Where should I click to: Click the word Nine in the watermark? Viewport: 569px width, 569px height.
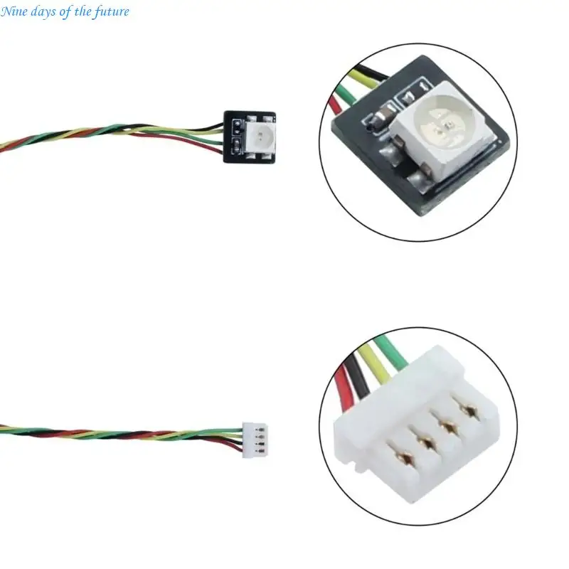(x=14, y=11)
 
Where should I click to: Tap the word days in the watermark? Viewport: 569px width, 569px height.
(x=43, y=11)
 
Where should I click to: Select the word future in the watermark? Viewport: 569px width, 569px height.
(x=112, y=12)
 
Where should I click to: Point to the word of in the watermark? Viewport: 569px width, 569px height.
(x=65, y=11)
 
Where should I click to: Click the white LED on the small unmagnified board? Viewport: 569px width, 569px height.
(x=260, y=137)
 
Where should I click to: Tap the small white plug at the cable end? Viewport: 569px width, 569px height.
(x=255, y=440)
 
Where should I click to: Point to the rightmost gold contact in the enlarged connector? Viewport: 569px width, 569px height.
(x=469, y=412)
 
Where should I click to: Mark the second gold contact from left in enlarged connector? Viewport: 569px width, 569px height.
(x=427, y=442)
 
